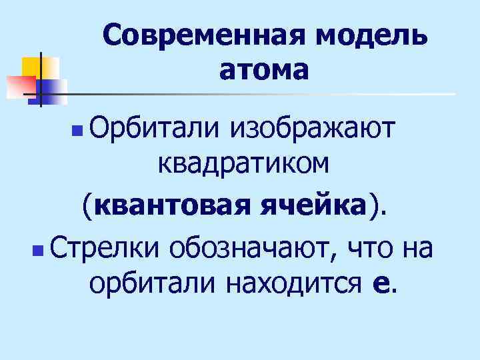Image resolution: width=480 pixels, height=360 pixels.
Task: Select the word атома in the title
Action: pyautogui.click(x=264, y=69)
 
